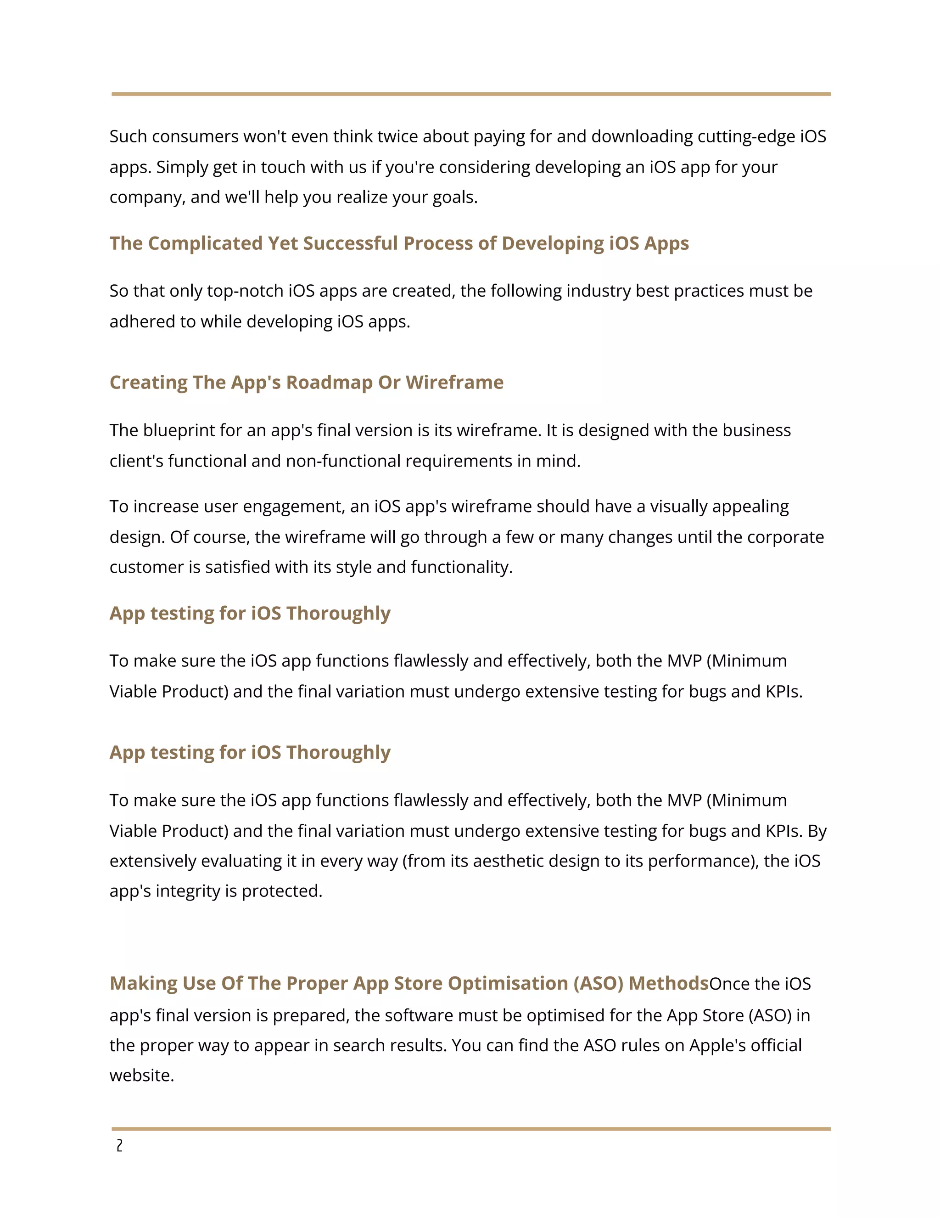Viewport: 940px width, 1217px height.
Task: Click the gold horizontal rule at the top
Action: point(470,94)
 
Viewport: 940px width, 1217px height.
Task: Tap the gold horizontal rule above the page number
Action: point(470,1128)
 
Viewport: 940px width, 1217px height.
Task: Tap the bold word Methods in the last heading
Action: point(668,983)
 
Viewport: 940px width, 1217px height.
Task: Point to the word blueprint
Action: point(178,430)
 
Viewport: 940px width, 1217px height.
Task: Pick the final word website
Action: point(141,1076)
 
